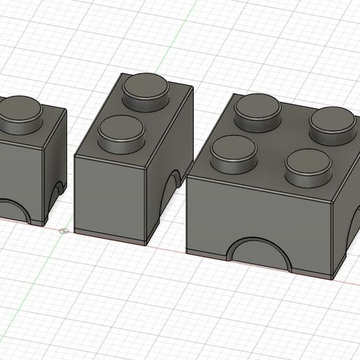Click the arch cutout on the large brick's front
(x=259, y=255)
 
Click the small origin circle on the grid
(x=63, y=230)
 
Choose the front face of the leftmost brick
(x=17, y=174)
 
